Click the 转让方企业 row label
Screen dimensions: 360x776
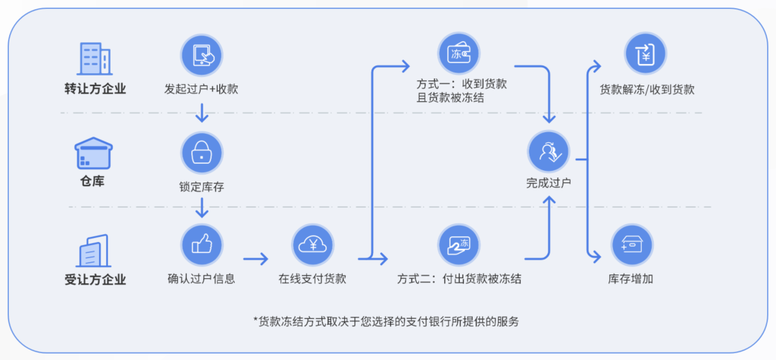click(95, 89)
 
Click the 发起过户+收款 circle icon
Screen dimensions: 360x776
click(201, 55)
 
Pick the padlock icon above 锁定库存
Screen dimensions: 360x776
click(201, 152)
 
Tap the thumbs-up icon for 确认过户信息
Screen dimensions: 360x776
click(201, 244)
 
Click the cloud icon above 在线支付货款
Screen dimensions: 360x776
click(313, 244)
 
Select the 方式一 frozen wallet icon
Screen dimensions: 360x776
click(458, 54)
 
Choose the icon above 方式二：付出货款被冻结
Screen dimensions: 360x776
click(458, 244)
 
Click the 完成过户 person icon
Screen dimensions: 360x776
click(548, 152)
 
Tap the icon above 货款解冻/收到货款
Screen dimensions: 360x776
click(645, 54)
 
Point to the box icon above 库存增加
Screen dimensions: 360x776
click(632, 244)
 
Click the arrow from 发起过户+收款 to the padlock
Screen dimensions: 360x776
click(202, 112)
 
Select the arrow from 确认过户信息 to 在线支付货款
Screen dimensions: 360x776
click(255, 258)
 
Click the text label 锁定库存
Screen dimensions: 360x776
click(202, 187)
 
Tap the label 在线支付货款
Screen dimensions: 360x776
click(313, 279)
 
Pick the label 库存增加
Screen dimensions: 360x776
click(631, 279)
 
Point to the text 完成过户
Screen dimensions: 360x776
click(548, 183)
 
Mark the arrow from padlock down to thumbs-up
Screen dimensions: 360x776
click(202, 208)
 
